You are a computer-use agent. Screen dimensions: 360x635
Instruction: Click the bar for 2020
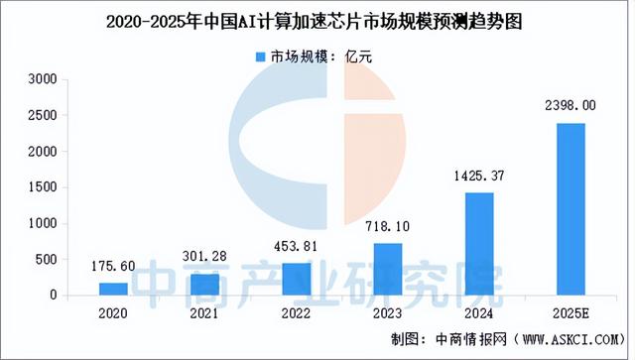[113, 289]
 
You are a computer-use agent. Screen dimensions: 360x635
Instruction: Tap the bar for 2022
[297, 279]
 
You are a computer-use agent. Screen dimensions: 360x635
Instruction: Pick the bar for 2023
[389, 269]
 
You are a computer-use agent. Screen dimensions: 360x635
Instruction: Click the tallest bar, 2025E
[571, 208]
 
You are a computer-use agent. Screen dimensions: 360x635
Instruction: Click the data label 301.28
[205, 257]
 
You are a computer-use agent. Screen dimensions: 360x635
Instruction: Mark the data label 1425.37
[480, 177]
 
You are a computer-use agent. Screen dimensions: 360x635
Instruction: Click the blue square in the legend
[263, 58]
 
